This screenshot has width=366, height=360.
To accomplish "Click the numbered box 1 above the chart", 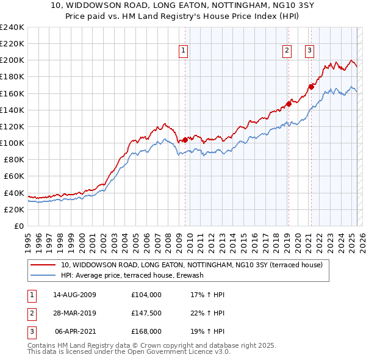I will tap(184, 51).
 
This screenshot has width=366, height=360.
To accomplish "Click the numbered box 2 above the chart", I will tap(287, 51).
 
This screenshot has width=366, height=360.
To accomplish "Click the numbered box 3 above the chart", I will tap(309, 51).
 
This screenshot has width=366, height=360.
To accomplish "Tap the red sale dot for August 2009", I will tap(185, 140).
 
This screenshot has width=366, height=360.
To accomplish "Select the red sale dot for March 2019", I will tap(288, 104).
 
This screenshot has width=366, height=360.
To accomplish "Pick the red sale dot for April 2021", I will tap(310, 87).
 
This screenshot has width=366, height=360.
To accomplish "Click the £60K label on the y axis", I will tap(13, 176).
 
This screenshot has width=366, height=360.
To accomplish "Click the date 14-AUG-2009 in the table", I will tap(75, 295).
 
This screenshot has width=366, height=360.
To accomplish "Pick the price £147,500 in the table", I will tap(146, 313).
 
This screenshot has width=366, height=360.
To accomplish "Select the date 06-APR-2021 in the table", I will tap(75, 331).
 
